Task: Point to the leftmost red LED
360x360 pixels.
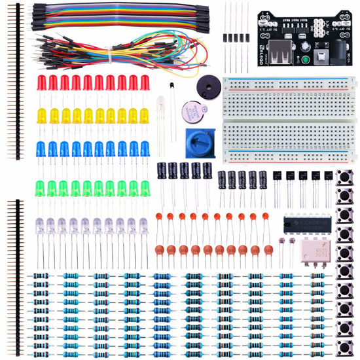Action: tap(41, 84)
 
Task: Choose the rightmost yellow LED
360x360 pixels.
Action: tap(145, 117)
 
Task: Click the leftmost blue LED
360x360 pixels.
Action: tap(41, 149)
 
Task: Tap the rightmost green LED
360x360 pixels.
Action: tap(145, 189)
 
